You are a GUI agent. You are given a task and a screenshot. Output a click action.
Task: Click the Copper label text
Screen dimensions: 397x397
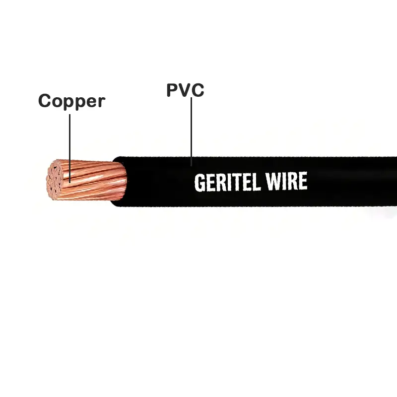[72, 101]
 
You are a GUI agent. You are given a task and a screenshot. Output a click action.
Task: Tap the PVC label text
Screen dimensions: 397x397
[185, 90]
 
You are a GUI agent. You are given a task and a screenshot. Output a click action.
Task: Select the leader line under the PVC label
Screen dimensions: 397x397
[191, 129]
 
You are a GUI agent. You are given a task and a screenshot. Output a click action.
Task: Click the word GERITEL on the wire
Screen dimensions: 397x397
[227, 182]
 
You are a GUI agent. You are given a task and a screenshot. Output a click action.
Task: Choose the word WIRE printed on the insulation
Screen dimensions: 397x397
[287, 182]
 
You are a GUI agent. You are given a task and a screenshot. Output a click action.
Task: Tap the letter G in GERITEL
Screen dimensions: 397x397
[199, 183]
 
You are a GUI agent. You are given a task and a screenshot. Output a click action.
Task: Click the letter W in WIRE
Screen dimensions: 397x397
[274, 182]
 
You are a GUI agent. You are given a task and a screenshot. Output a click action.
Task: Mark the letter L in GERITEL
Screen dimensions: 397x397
[257, 182]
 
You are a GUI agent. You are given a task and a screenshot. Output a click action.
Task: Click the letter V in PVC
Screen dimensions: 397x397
[185, 90]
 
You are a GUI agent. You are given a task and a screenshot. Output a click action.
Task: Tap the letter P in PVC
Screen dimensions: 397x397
[173, 90]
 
